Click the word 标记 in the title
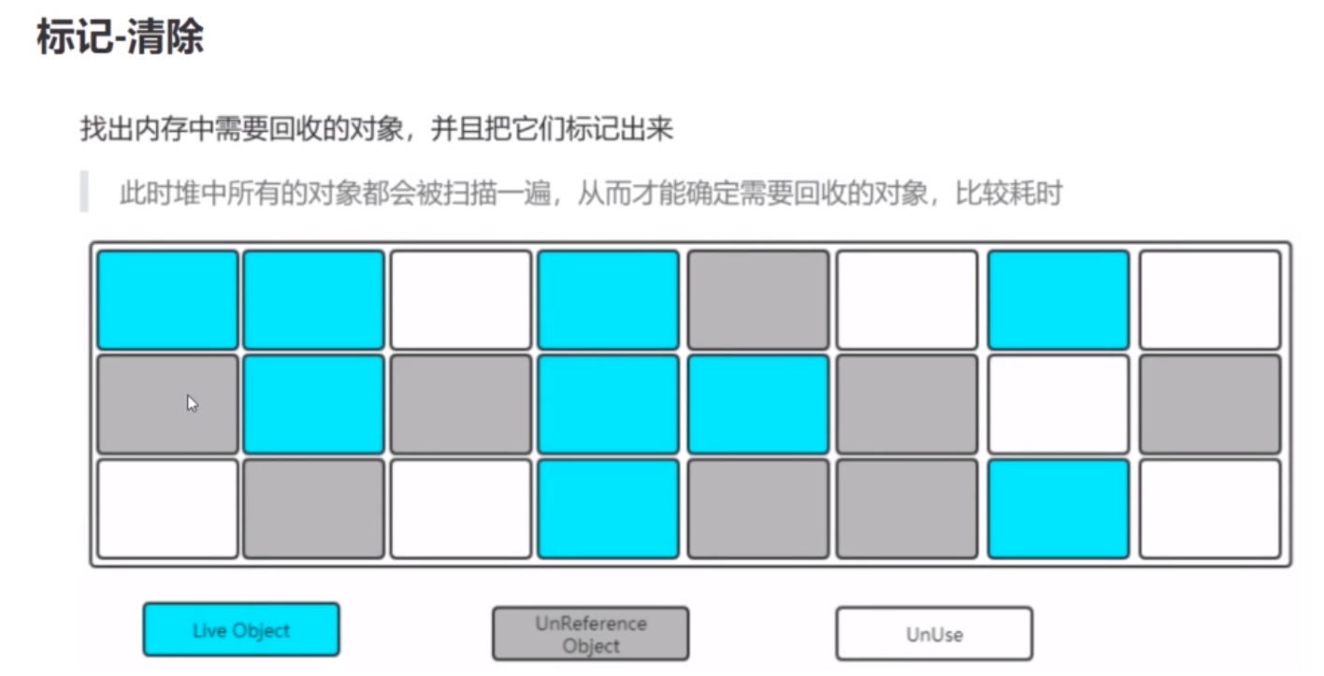point(73,37)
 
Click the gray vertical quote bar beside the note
point(84,192)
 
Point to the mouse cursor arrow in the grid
point(192,403)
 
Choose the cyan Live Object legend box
point(241,629)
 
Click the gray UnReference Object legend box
point(591,634)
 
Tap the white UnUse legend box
point(934,634)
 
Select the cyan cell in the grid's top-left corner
point(168,299)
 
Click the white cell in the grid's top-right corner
point(1210,299)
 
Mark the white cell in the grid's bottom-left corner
point(168,508)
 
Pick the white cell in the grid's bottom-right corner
point(1210,508)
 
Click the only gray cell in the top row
point(758,299)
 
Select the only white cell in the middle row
point(1058,404)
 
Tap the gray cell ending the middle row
point(1210,404)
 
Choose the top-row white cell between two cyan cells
point(461,299)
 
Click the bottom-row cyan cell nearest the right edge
point(1058,508)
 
